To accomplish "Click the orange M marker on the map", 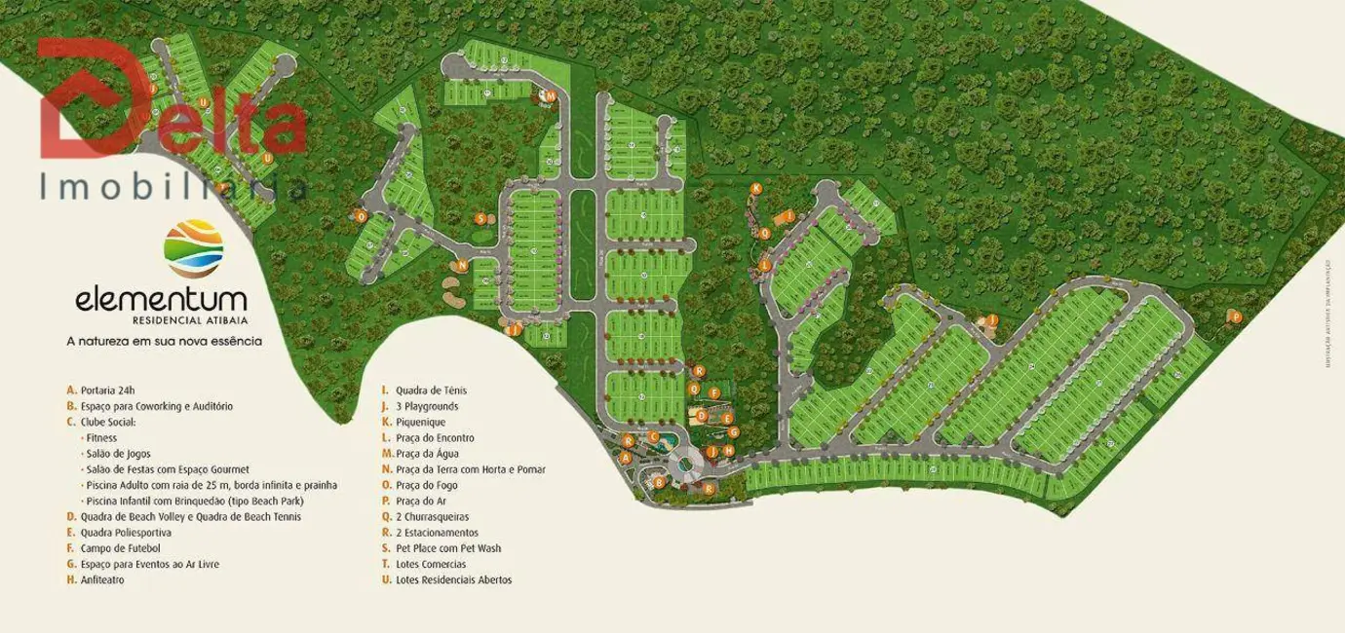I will pyautogui.click(x=550, y=95).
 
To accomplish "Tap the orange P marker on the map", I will pyautogui.click(x=1236, y=316).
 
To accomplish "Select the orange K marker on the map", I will pyautogui.click(x=755, y=188).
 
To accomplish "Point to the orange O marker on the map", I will pyautogui.click(x=361, y=215).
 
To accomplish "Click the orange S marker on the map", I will pyautogui.click(x=480, y=219).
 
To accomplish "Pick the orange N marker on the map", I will pyautogui.click(x=462, y=264).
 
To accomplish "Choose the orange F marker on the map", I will pyautogui.click(x=715, y=393).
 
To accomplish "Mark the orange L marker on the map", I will pyautogui.click(x=765, y=265).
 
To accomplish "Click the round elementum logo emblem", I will pyautogui.click(x=194, y=249).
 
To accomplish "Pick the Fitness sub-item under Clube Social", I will pyautogui.click(x=100, y=437).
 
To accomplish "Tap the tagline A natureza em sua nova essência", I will pyautogui.click(x=164, y=342).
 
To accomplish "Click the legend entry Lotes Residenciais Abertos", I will pyautogui.click(x=452, y=579).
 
